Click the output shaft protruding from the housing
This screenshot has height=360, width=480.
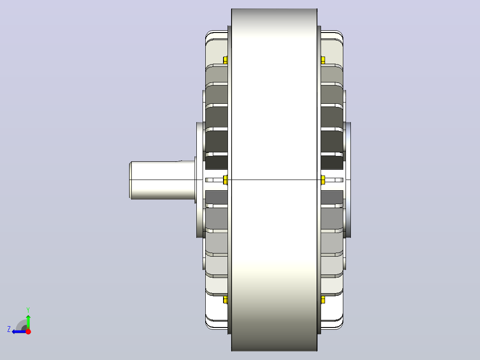(162, 180)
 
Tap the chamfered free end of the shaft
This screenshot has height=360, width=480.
(130, 180)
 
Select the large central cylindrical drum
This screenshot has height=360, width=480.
(274, 180)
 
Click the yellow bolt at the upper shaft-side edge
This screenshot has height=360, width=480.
(225, 60)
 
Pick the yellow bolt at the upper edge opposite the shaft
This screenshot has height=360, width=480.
(323, 60)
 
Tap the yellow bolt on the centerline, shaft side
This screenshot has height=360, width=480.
(225, 180)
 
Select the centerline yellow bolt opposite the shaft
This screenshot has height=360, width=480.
(323, 180)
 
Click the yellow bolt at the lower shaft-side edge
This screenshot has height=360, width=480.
(225, 300)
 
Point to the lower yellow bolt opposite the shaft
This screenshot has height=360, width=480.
(323, 300)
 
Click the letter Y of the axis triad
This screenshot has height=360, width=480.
(28, 310)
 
